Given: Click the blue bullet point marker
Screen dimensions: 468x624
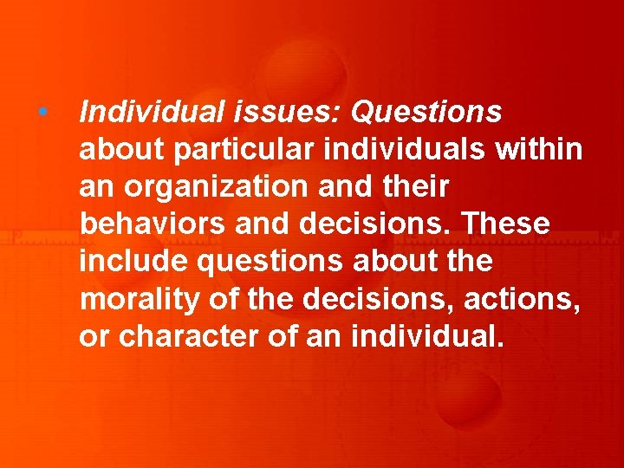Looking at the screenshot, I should (42, 113).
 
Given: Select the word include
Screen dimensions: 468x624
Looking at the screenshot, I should (126, 261).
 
